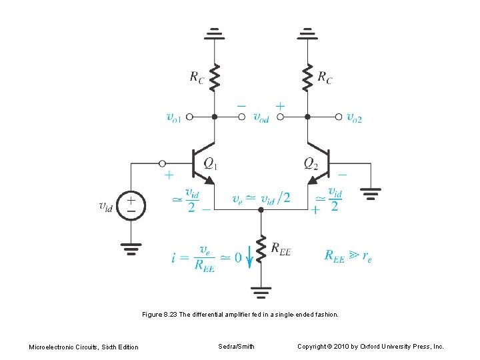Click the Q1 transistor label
click(210, 163)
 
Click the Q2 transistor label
click(311, 163)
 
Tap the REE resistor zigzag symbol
click(261, 248)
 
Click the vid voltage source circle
click(131, 205)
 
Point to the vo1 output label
click(173, 117)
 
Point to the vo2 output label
click(355, 117)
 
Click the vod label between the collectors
click(261, 117)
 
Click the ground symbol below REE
click(261, 291)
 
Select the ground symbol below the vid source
click(131, 251)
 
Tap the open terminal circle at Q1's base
click(162, 163)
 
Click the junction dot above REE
click(261, 209)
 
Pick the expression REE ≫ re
click(348, 255)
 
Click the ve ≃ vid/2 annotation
click(261, 198)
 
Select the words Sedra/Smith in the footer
click(236, 347)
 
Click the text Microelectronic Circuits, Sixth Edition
click(84, 347)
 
